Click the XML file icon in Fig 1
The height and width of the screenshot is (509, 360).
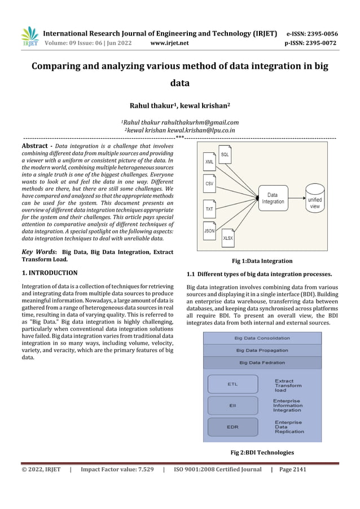(x=210, y=160)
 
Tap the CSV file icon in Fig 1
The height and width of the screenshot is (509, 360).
(x=209, y=183)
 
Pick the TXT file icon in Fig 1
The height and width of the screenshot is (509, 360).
(x=209, y=208)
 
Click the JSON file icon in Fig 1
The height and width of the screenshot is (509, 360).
(x=209, y=230)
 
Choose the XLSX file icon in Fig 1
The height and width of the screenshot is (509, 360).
(x=228, y=238)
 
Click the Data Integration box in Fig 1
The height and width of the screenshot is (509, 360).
(x=273, y=198)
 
